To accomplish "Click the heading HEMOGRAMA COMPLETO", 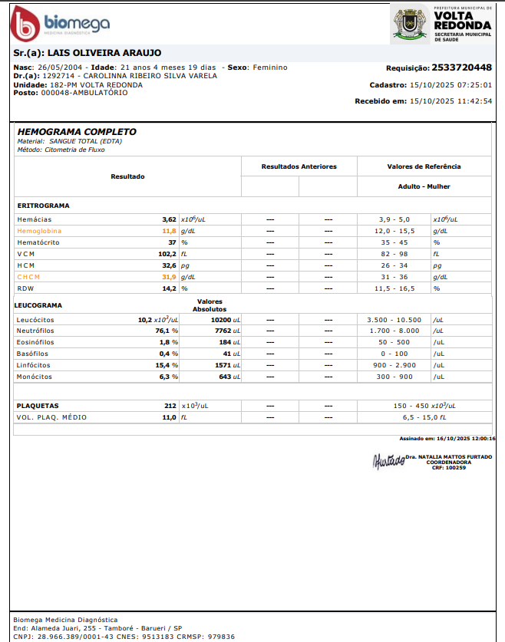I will point(77,132).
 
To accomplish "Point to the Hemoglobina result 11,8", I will point(169,230).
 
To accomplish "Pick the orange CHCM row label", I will point(28,277).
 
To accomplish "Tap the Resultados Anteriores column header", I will point(299,166).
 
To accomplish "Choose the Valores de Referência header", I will point(424,166).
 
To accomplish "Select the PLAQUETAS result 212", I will point(170,406).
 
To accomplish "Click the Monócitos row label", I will point(35,377).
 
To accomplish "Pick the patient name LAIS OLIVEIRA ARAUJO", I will point(104,53).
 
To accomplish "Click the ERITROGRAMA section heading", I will point(44,206).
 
